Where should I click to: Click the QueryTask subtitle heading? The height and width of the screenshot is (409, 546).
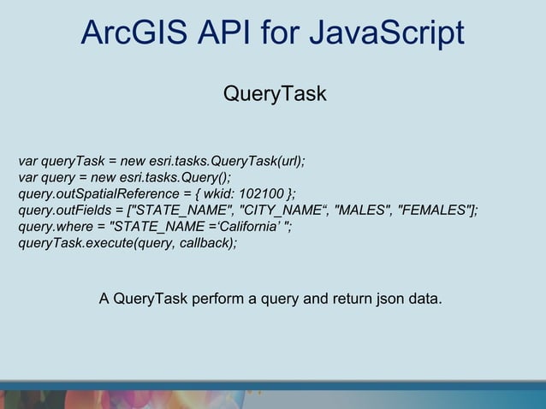coord(275,93)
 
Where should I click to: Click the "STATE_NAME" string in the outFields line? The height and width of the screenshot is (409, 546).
coord(182,210)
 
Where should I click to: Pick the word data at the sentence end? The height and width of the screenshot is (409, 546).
coord(424,299)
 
